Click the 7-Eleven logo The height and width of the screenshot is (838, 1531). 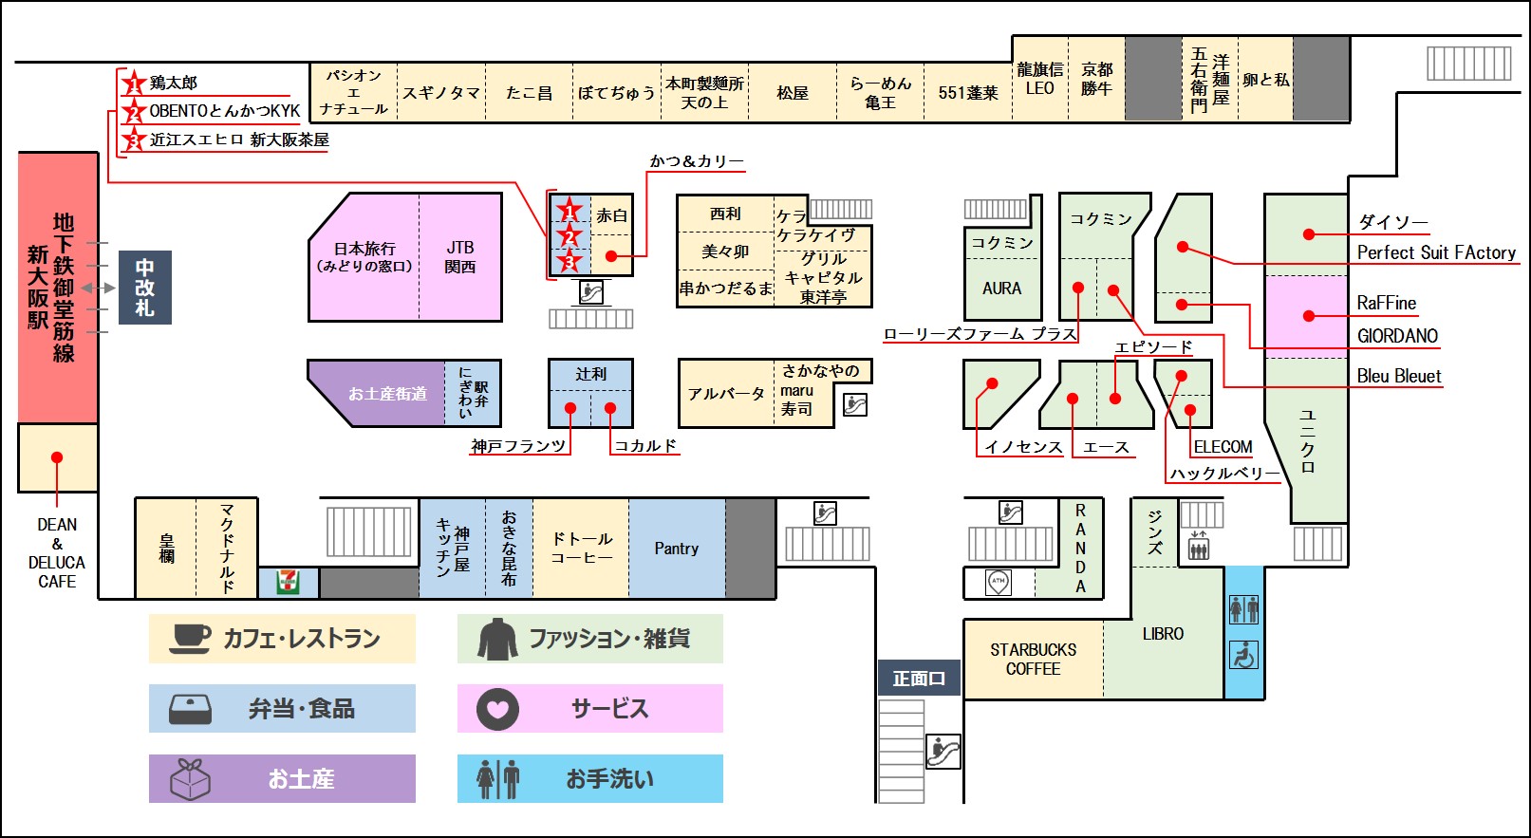(288, 582)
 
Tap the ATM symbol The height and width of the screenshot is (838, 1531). (999, 582)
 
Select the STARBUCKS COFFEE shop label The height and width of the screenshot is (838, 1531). (1033, 659)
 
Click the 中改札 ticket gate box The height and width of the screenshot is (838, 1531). (145, 287)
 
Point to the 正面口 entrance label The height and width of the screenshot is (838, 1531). (919, 678)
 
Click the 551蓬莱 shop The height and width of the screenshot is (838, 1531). (968, 93)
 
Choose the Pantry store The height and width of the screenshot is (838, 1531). (677, 549)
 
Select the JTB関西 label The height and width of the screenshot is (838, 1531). (460, 257)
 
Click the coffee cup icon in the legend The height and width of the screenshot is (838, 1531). (190, 639)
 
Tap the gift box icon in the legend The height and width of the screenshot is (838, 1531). (190, 778)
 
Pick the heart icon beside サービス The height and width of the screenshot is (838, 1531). (497, 709)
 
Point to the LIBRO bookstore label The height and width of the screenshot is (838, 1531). (1163, 634)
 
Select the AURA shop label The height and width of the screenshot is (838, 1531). (1002, 289)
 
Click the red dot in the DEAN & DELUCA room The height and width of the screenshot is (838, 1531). (57, 457)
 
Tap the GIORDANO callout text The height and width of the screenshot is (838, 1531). (1397, 336)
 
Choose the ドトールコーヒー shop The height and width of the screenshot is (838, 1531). (581, 549)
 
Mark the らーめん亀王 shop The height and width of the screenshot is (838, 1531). (880, 93)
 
